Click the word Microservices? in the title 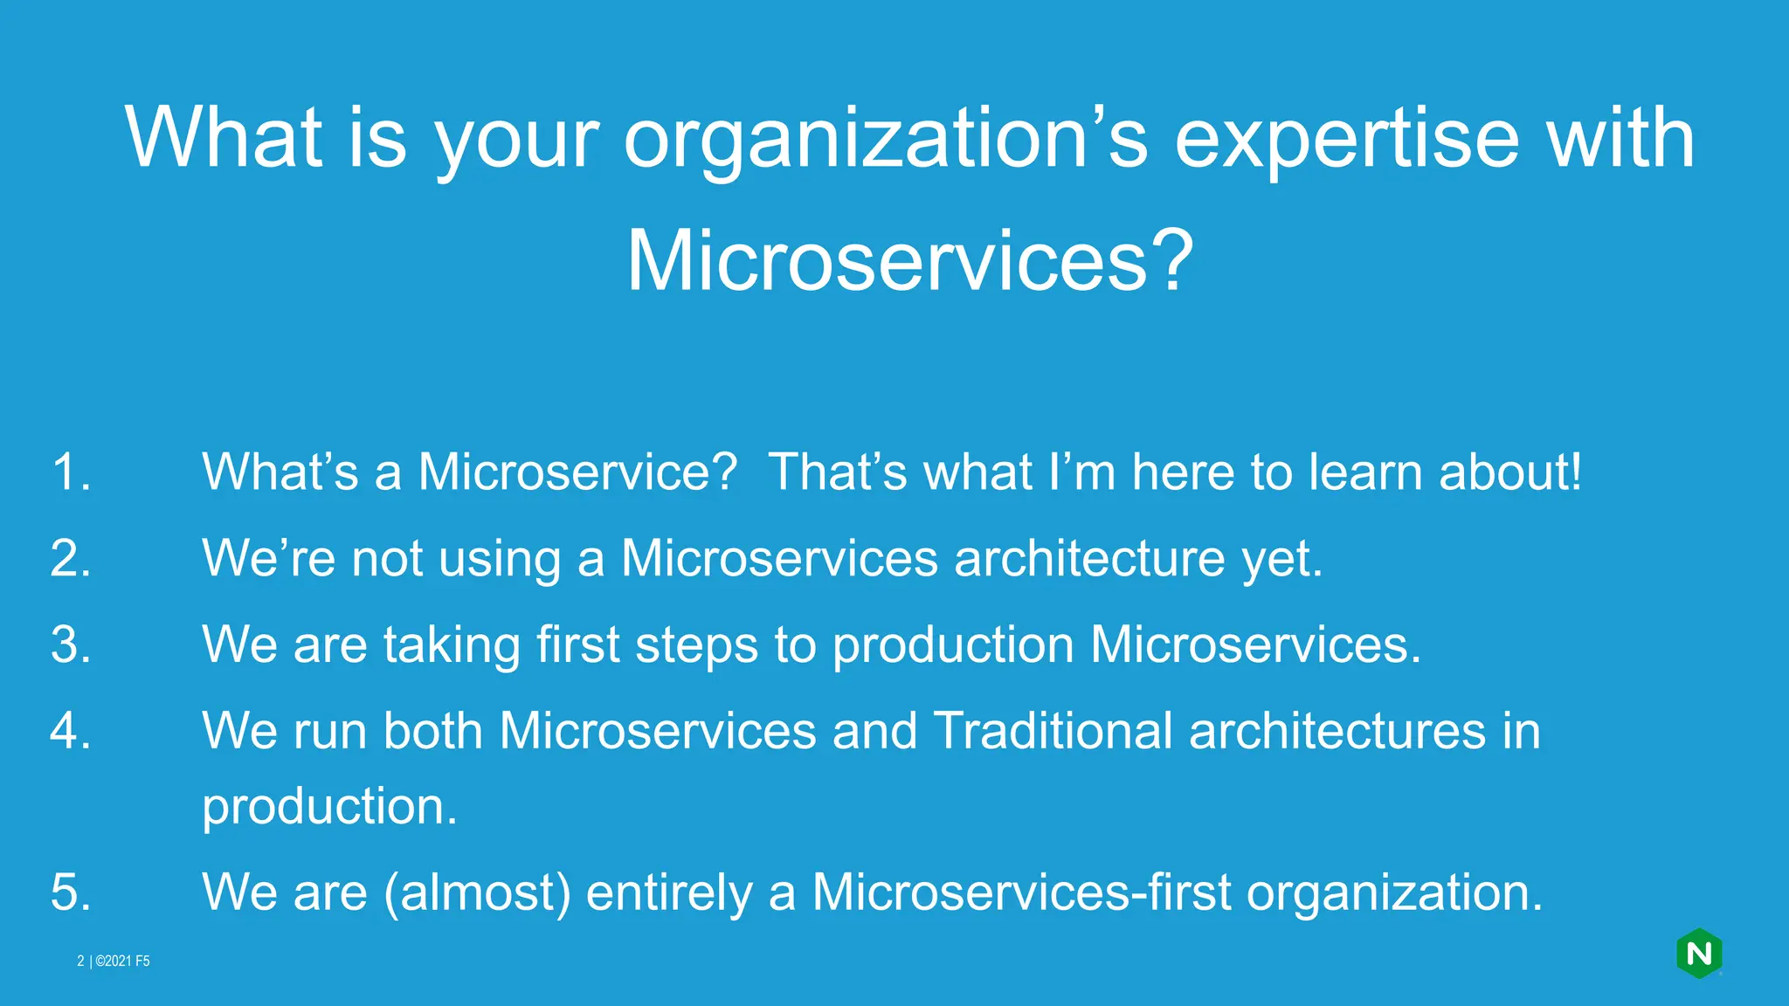pos(909,260)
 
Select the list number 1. pos(71,472)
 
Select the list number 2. pos(71,558)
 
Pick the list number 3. pos(71,644)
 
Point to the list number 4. pos(71,730)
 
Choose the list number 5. pos(71,892)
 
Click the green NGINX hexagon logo pos(1699,954)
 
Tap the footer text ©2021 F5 pos(122,961)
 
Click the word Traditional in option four pos(1053,730)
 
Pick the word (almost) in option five pos(477,892)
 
